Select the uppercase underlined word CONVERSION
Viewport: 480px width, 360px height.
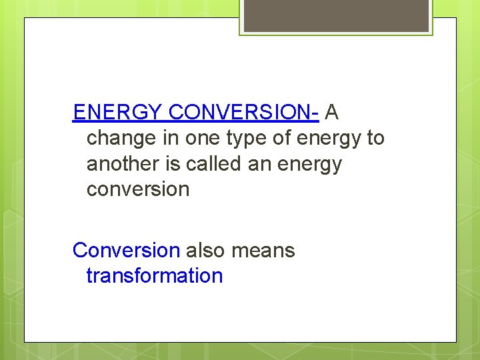(239, 113)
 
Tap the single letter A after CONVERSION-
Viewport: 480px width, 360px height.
(332, 113)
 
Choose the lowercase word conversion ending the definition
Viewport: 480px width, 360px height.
(138, 189)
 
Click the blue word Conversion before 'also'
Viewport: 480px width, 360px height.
(126, 251)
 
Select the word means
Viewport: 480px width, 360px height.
(263, 251)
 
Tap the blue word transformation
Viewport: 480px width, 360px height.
(154, 276)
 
